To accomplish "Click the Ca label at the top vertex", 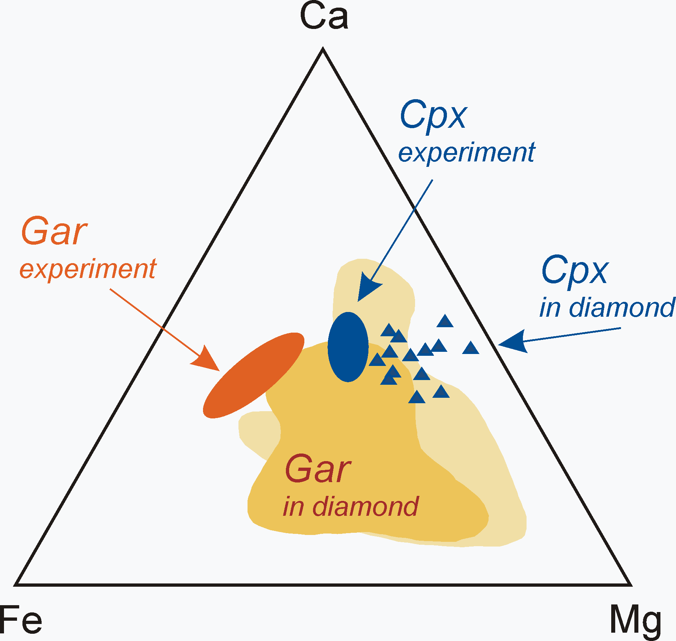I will pos(324,17).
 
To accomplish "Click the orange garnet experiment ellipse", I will pos(253,375).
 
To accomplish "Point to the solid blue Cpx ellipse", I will pos(348,347).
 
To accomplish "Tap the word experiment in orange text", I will pos(88,269).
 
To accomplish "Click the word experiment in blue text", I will pos(466,152).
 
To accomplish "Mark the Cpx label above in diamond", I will pos(575,270).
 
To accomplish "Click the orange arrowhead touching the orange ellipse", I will pos(204,359).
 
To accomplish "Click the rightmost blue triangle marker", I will pos(471,349).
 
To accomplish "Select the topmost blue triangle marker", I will pos(445,322).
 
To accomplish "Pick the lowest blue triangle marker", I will pos(417,398).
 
